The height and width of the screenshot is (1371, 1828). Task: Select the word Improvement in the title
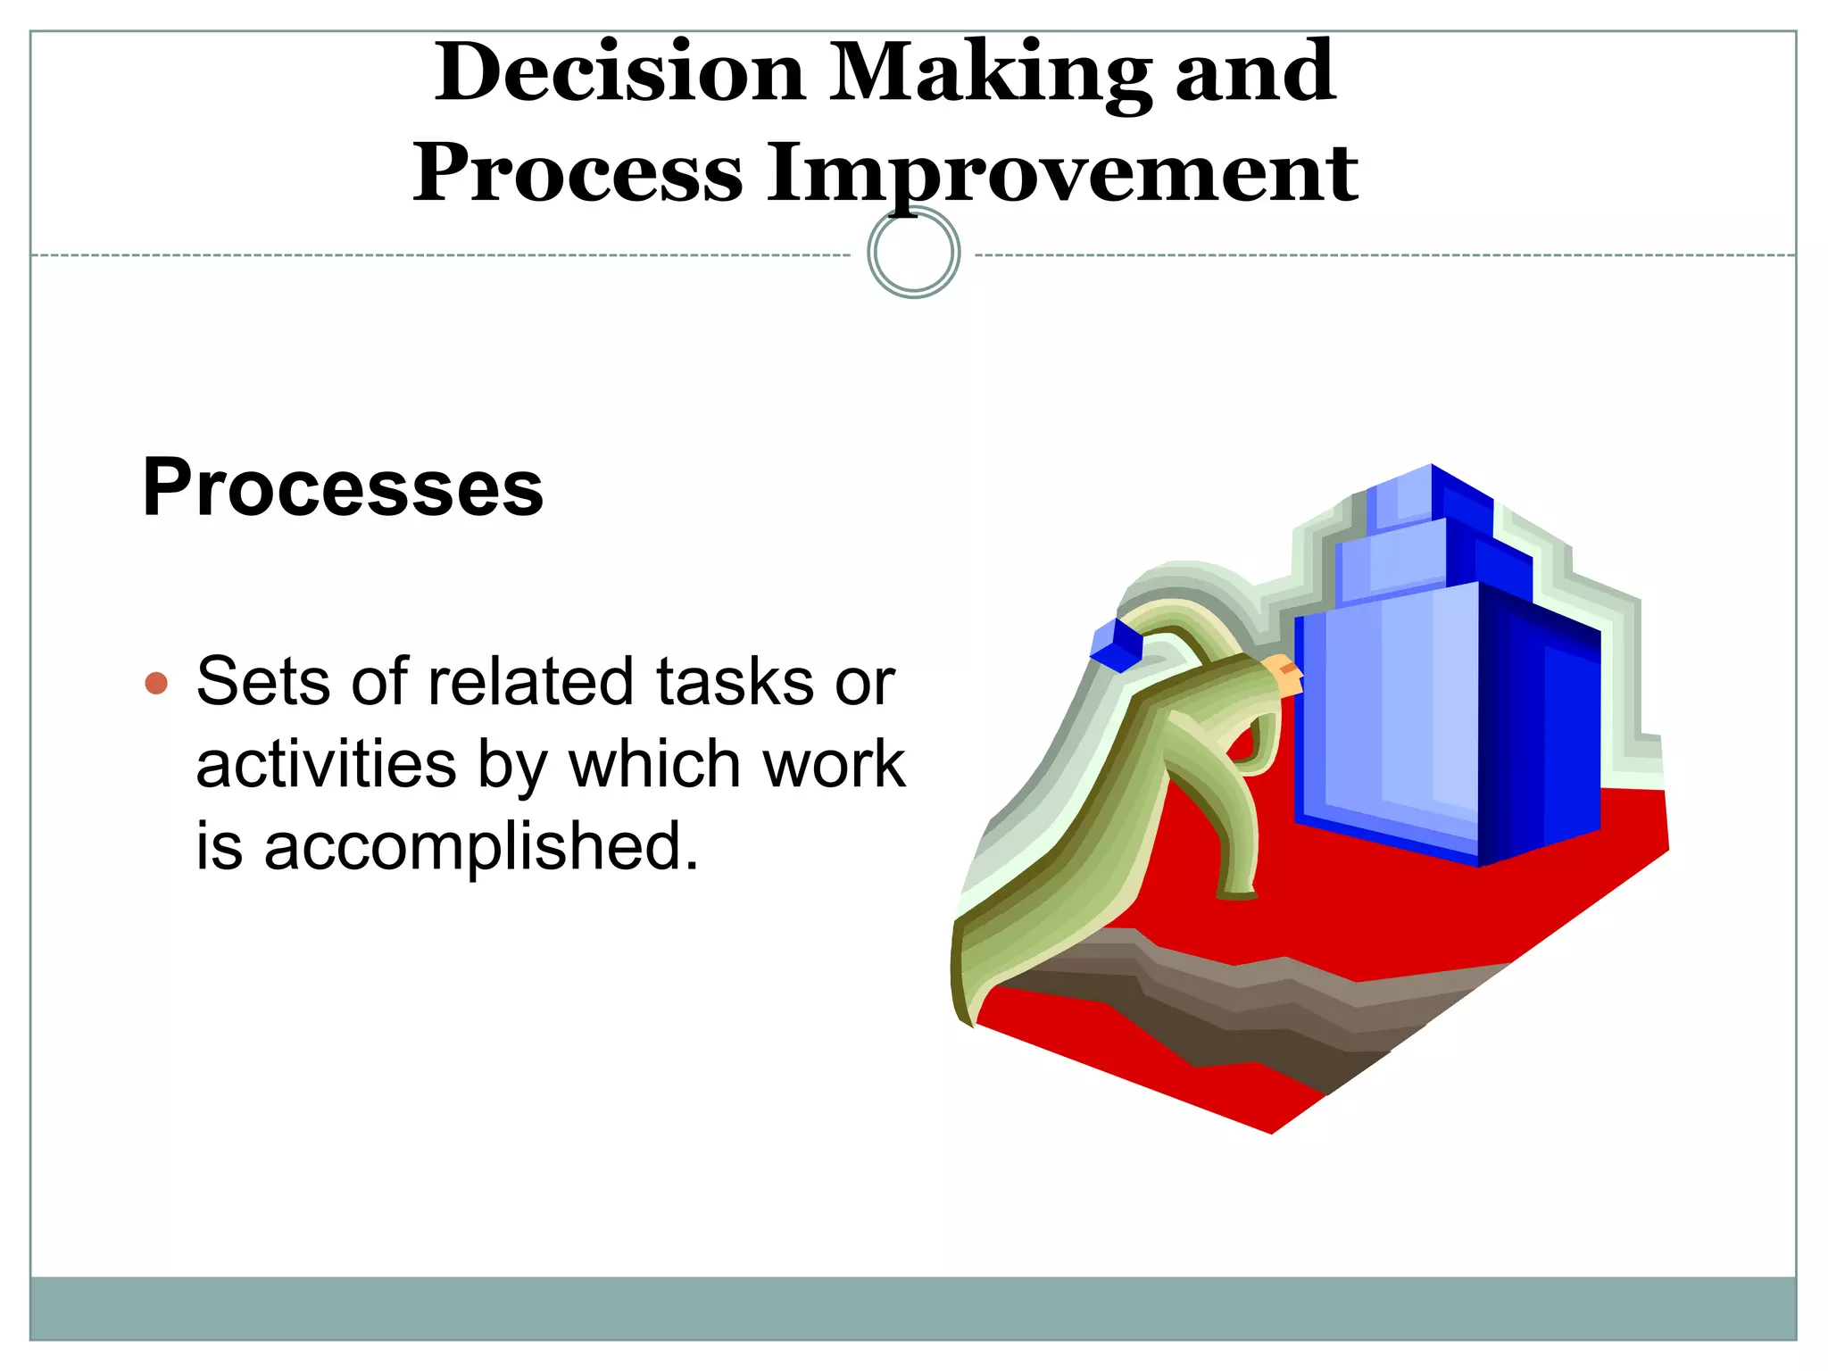pos(1062,173)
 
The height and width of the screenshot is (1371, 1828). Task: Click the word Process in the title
pos(577,173)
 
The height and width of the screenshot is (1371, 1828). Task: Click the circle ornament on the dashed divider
pos(913,253)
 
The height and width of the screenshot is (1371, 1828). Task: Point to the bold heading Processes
pos(343,487)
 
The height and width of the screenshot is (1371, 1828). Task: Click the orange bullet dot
pos(156,683)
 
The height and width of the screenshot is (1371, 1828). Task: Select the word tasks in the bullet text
pos(735,682)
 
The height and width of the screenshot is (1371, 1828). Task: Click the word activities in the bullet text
pos(326,765)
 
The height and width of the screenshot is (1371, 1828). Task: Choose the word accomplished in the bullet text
pos(480,847)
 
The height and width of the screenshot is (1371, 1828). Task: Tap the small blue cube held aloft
pos(1116,644)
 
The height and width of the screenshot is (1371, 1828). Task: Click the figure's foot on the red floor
pos(1236,893)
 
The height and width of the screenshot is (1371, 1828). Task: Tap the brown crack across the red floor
pos(1250,1009)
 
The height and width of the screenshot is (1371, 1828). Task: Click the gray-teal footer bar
pos(913,1309)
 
